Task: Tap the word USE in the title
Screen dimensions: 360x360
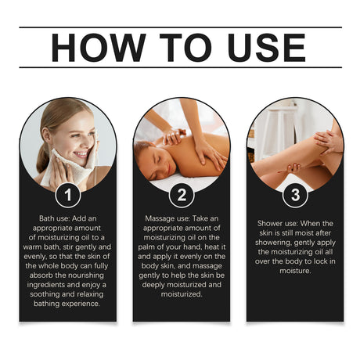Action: point(267,48)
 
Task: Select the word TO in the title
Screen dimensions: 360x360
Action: point(185,48)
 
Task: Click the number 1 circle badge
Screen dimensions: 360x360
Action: point(68,195)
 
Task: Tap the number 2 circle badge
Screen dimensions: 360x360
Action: point(182,195)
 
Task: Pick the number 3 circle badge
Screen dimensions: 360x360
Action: point(295,195)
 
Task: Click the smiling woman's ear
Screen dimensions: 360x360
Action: point(47,135)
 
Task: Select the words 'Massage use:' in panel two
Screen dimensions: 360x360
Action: point(167,218)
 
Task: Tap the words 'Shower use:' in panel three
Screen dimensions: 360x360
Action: point(278,224)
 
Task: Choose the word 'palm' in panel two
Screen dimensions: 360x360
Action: point(146,247)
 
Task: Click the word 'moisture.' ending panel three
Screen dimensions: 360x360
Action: point(295,271)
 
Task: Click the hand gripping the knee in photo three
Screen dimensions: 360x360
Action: point(290,169)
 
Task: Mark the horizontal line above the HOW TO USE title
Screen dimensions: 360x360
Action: point(181,27)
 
